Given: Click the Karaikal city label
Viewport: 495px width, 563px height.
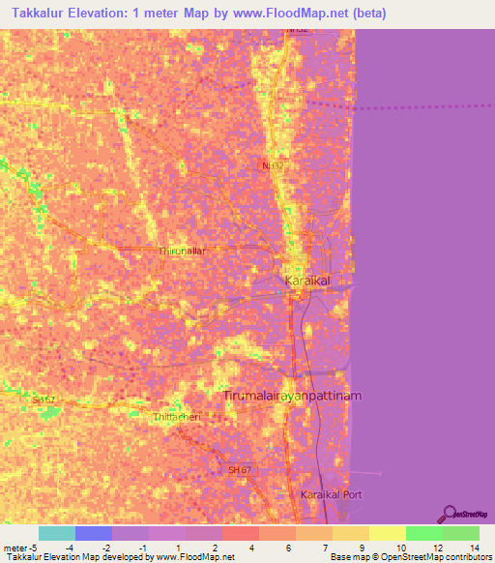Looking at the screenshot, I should [309, 281].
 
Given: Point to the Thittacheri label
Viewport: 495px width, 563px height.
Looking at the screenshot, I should [175, 417].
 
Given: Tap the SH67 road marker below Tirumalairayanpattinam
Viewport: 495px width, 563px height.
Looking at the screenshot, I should [238, 469].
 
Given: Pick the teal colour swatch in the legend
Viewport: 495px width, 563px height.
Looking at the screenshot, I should [57, 533].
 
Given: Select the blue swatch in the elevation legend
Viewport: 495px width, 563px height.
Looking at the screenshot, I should [94, 533].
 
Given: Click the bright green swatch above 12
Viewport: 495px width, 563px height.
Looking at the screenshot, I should [424, 533].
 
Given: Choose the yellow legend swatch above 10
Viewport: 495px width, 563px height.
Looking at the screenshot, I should [388, 533].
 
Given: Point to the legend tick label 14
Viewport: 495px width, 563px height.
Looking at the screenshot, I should [473, 548].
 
